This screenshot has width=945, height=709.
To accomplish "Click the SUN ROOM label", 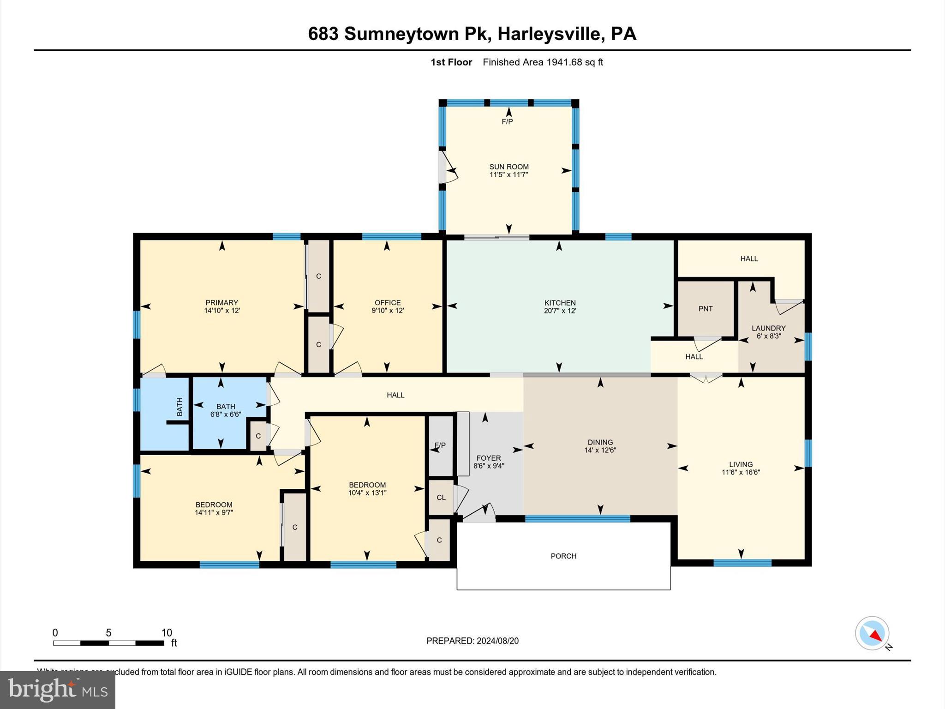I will [x=508, y=167].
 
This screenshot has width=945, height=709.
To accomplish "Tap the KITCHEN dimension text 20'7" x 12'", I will [x=560, y=311].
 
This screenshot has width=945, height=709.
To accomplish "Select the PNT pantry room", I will [x=706, y=308].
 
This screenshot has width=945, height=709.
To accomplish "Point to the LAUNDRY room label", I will [x=768, y=328].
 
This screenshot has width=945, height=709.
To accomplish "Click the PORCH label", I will [x=563, y=556].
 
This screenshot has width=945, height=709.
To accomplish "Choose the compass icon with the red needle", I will [x=872, y=633].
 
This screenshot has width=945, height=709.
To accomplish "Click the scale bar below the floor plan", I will [x=109, y=643].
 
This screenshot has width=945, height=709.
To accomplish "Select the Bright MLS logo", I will [x=58, y=690].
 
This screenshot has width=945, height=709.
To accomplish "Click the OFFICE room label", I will [x=388, y=303].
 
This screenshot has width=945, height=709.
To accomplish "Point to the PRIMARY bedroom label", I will [x=222, y=303].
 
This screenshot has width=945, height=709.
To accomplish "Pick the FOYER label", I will [x=489, y=458].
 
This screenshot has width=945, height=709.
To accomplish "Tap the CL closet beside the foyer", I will [x=441, y=497].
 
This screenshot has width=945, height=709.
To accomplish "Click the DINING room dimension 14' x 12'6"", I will [x=600, y=450].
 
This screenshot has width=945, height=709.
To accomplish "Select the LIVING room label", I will [x=741, y=464].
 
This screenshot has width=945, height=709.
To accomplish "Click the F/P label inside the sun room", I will [x=507, y=121].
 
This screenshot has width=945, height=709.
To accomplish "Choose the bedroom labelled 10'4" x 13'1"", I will [x=367, y=489].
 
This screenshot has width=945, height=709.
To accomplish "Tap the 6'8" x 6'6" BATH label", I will [x=226, y=410].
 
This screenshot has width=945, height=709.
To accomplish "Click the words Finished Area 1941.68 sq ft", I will [x=543, y=62].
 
